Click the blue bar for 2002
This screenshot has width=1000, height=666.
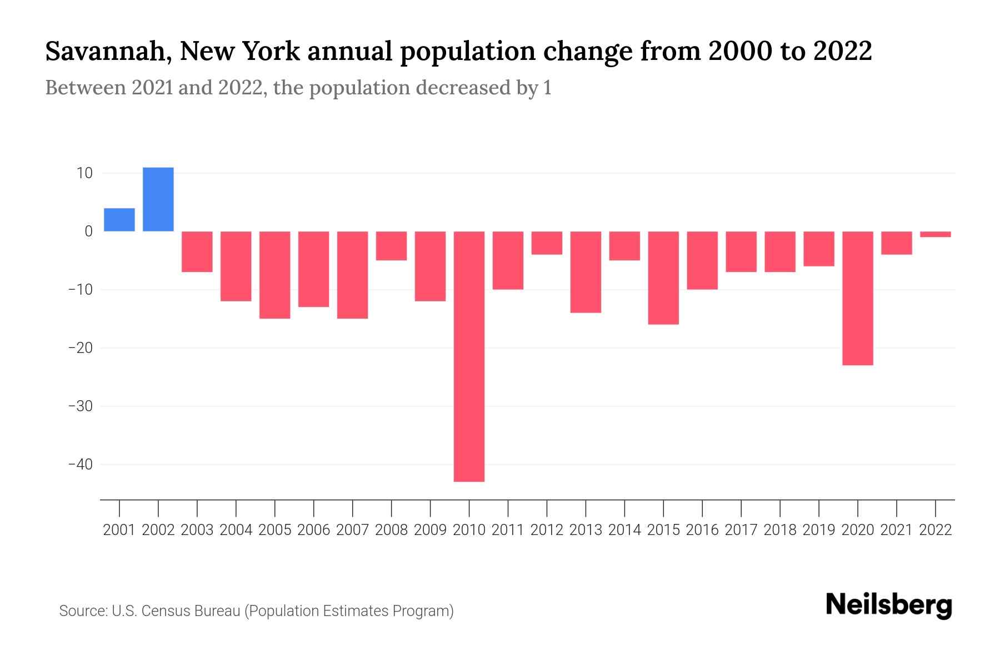(158, 199)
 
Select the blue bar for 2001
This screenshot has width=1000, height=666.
(119, 220)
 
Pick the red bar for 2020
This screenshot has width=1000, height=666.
(858, 298)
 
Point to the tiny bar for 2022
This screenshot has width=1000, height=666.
(936, 234)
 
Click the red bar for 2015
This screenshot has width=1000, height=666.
(663, 277)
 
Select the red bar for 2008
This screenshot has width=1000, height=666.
(392, 246)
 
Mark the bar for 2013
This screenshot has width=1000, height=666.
(586, 272)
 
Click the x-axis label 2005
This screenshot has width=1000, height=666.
(275, 530)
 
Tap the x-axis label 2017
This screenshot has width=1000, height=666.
(741, 530)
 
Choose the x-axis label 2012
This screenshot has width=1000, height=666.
(547, 530)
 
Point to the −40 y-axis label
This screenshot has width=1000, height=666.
(80, 465)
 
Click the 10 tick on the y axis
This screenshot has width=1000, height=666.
(84, 173)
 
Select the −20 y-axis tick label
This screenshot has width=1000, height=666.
(80, 348)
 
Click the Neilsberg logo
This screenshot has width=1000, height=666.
(889, 605)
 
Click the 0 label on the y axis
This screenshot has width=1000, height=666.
(88, 231)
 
